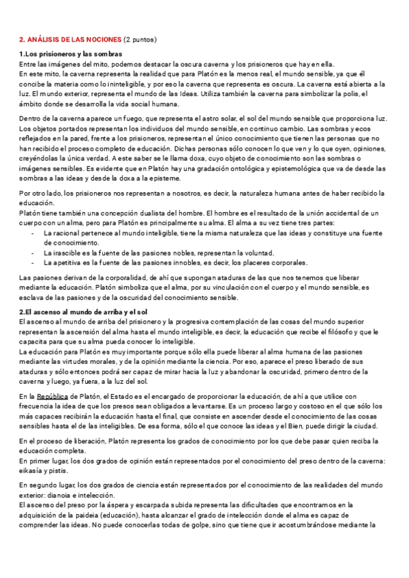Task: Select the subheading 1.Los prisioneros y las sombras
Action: coord(71,54)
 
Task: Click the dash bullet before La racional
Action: coord(33,233)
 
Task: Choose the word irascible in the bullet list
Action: coord(70,253)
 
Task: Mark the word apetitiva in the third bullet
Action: coord(72,262)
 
